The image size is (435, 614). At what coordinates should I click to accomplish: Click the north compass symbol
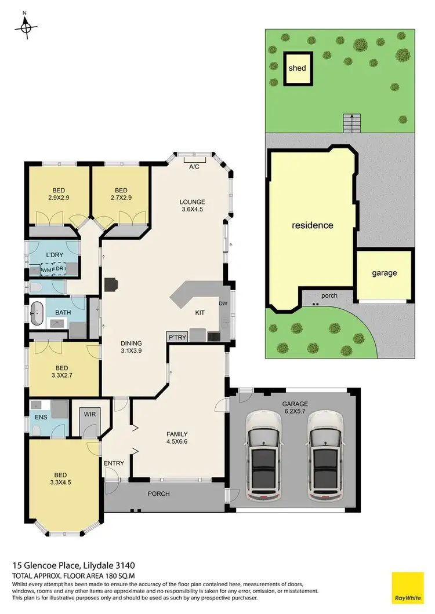(x=26, y=25)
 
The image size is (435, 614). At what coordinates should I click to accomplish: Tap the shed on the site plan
(x=297, y=69)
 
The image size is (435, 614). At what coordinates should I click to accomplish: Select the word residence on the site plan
(x=312, y=225)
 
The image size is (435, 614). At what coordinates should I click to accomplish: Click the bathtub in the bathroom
(x=39, y=313)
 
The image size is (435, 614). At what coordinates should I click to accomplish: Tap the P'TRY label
(x=176, y=337)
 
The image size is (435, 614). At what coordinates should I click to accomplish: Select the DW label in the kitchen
(x=223, y=304)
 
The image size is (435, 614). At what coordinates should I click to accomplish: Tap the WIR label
(x=89, y=414)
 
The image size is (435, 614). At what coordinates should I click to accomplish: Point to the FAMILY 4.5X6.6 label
(x=176, y=438)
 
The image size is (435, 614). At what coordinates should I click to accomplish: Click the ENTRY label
(x=114, y=463)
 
